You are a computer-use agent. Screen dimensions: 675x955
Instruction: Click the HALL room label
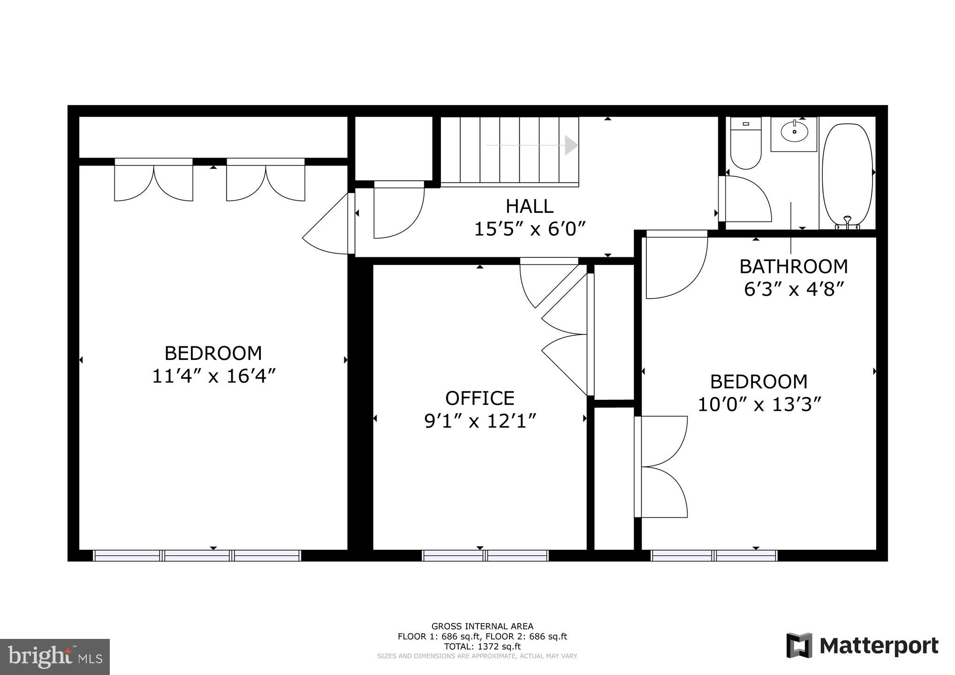(x=529, y=206)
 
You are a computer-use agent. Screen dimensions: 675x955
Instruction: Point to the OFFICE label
(x=480, y=398)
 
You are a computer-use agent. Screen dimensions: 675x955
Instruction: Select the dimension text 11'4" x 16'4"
(x=213, y=376)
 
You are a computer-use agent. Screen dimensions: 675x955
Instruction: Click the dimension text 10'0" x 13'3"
(x=759, y=405)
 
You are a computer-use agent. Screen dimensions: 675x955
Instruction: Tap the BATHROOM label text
(x=794, y=267)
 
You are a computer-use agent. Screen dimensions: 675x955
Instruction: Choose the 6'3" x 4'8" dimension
(x=794, y=289)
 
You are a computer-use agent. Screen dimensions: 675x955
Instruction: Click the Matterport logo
(x=863, y=646)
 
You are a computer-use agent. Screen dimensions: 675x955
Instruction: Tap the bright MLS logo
(x=55, y=656)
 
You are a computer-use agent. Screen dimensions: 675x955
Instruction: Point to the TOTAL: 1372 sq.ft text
(x=482, y=646)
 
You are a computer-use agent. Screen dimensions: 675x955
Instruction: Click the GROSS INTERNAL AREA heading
(x=482, y=626)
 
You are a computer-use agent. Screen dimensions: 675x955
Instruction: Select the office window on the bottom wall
(x=485, y=555)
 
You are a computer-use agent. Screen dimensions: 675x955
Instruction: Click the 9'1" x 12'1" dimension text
(x=480, y=421)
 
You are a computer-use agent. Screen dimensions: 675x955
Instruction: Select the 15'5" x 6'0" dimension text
(x=530, y=230)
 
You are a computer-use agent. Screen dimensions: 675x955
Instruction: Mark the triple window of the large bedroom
(x=197, y=555)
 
